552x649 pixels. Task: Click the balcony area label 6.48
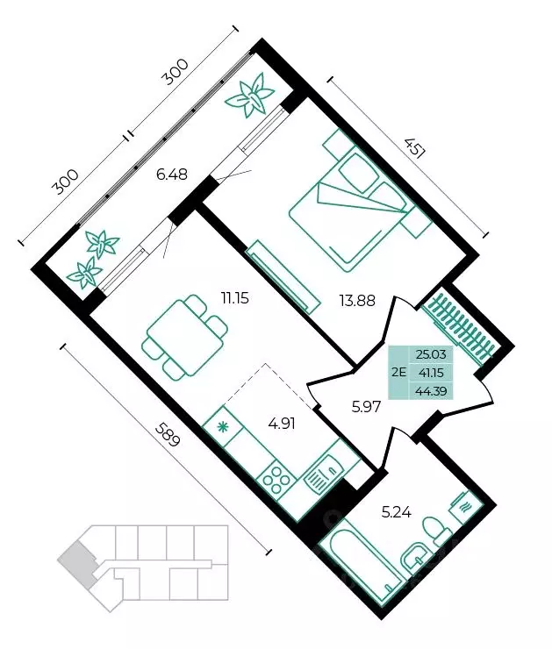[171, 174]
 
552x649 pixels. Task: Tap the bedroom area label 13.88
[357, 301]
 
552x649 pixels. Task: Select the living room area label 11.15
[235, 297]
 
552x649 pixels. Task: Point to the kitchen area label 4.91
[282, 424]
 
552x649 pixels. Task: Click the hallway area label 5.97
[366, 407]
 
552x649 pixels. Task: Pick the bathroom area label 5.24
[397, 512]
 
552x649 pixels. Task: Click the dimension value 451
[414, 148]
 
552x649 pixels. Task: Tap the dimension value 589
[168, 434]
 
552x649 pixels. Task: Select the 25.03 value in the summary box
[431, 354]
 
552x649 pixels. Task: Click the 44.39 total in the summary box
[431, 390]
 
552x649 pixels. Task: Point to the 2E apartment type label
[398, 372]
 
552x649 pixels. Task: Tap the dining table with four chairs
[185, 336]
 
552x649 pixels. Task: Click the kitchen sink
[323, 474]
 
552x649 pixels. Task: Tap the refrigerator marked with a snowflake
[223, 426]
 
